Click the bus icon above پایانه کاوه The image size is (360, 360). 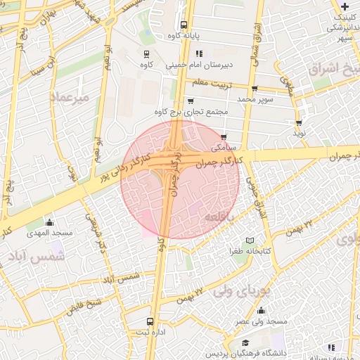pos(184,23)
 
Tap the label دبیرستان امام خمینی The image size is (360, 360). pos(198,66)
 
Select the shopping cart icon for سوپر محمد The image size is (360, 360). pos(254,89)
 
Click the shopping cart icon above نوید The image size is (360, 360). pos(299,122)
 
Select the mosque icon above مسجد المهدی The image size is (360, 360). pos(49,222)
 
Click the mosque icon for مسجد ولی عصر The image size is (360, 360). pos(261,311)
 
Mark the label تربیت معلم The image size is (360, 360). pos(210,82)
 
